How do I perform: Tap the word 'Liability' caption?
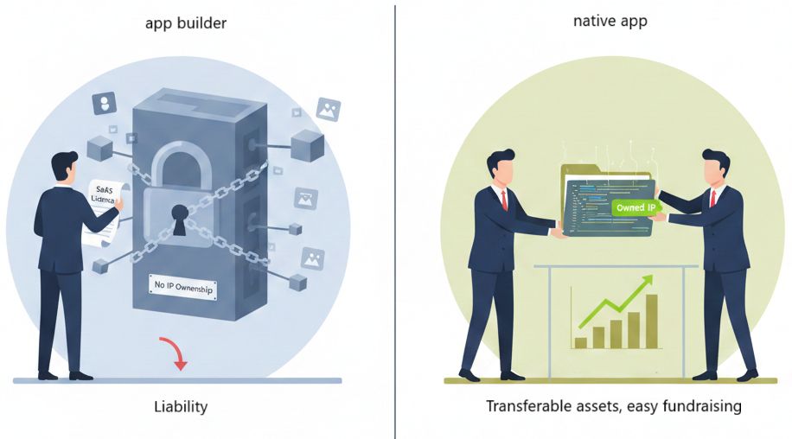coord(181,406)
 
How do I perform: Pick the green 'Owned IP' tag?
coord(636,208)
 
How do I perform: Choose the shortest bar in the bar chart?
coord(581,342)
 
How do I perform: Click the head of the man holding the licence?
coord(63,164)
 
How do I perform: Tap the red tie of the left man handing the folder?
coord(503,200)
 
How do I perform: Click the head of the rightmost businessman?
coord(715,166)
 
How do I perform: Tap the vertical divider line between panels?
coord(396,219)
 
